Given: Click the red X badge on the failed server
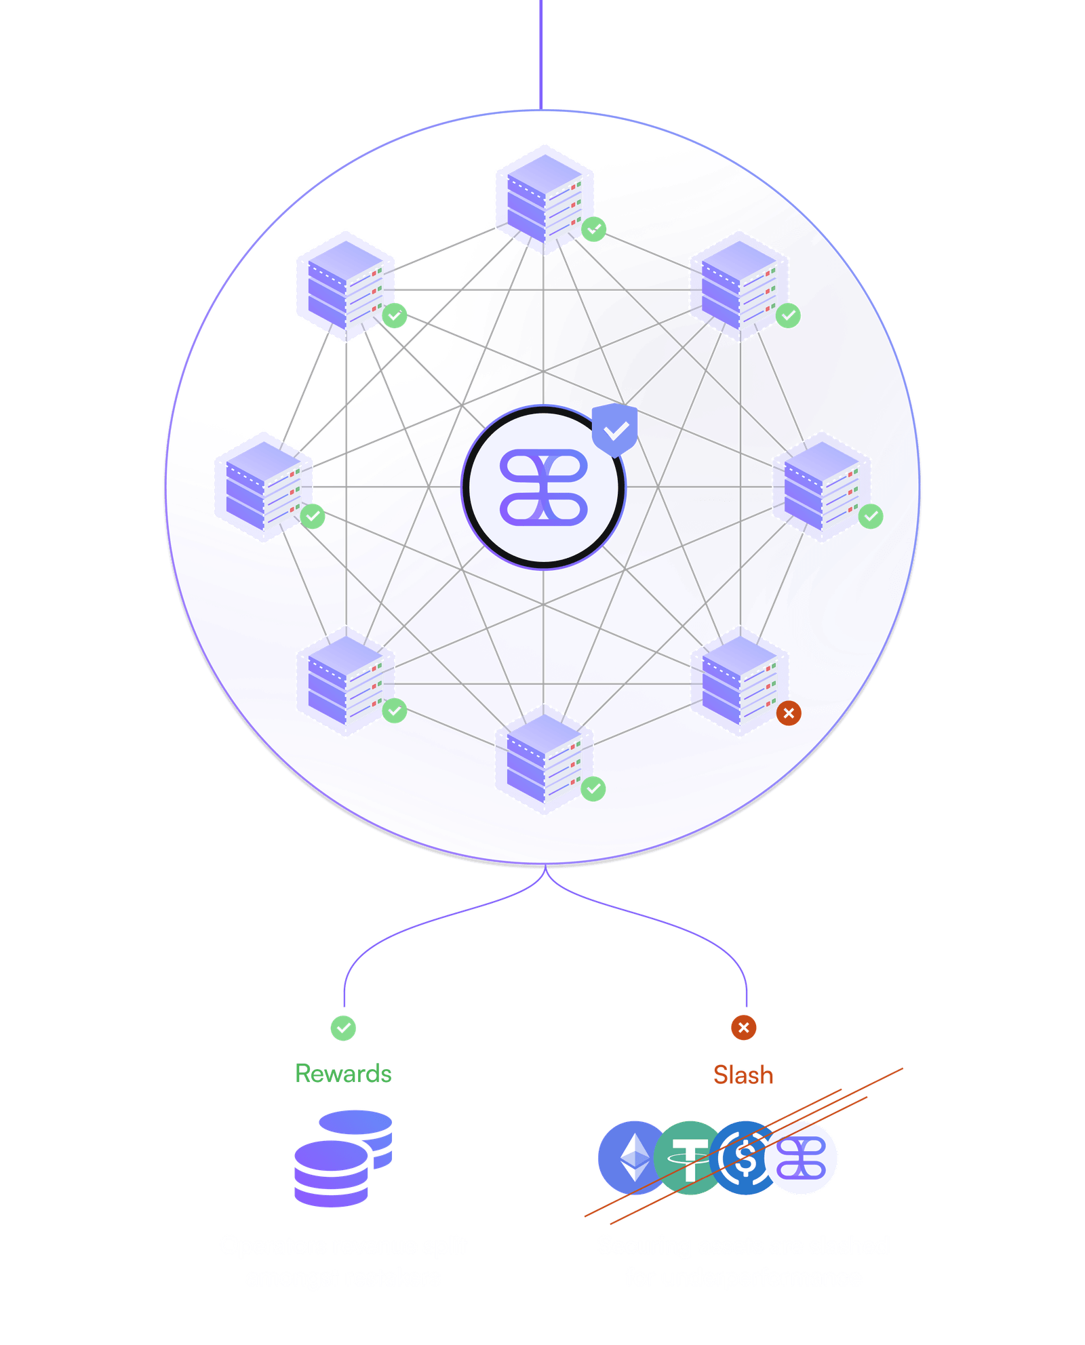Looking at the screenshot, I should [788, 713].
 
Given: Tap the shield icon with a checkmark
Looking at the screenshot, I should [615, 430].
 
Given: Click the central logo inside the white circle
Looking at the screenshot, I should [544, 487].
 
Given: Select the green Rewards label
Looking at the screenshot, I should [343, 1074].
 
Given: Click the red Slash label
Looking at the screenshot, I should [743, 1075].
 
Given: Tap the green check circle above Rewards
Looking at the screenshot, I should [343, 1028].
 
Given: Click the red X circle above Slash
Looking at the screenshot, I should [743, 1028].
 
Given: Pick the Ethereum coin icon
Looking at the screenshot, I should [632, 1158].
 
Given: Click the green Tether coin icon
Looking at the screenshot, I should [688, 1158].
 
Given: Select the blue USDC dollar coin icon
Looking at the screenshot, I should [745, 1158].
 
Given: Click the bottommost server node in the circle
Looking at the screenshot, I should [544, 759].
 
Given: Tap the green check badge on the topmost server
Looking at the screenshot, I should [594, 229].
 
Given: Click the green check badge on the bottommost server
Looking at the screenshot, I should [594, 788].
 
